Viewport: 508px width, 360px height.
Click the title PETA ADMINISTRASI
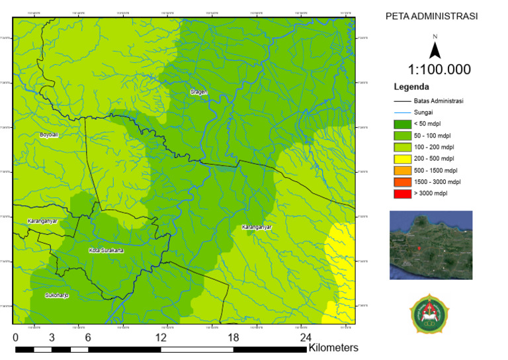pos(431,17)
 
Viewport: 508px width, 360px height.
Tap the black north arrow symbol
pos(435,50)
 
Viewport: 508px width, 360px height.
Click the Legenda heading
pos(411,87)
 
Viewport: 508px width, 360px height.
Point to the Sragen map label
pos(198,92)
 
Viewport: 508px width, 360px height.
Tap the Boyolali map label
pos(49,134)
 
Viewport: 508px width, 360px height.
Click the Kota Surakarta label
pos(106,251)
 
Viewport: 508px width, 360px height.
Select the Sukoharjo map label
pos(57,295)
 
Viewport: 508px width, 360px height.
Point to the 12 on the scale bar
pos(161,337)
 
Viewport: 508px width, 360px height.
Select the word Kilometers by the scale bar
pos(333,347)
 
